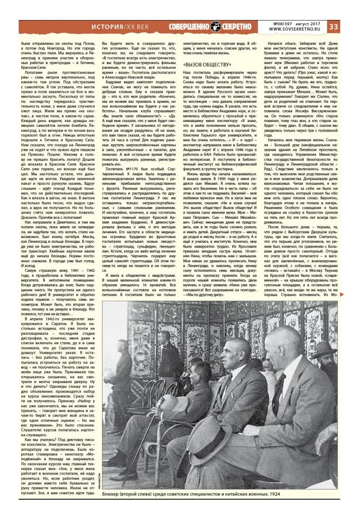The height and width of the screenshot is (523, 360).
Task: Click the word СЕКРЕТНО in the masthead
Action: tap(237, 27)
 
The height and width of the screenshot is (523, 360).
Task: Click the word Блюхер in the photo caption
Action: tap(113, 494)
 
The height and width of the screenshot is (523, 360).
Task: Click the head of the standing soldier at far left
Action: tap(123, 346)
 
